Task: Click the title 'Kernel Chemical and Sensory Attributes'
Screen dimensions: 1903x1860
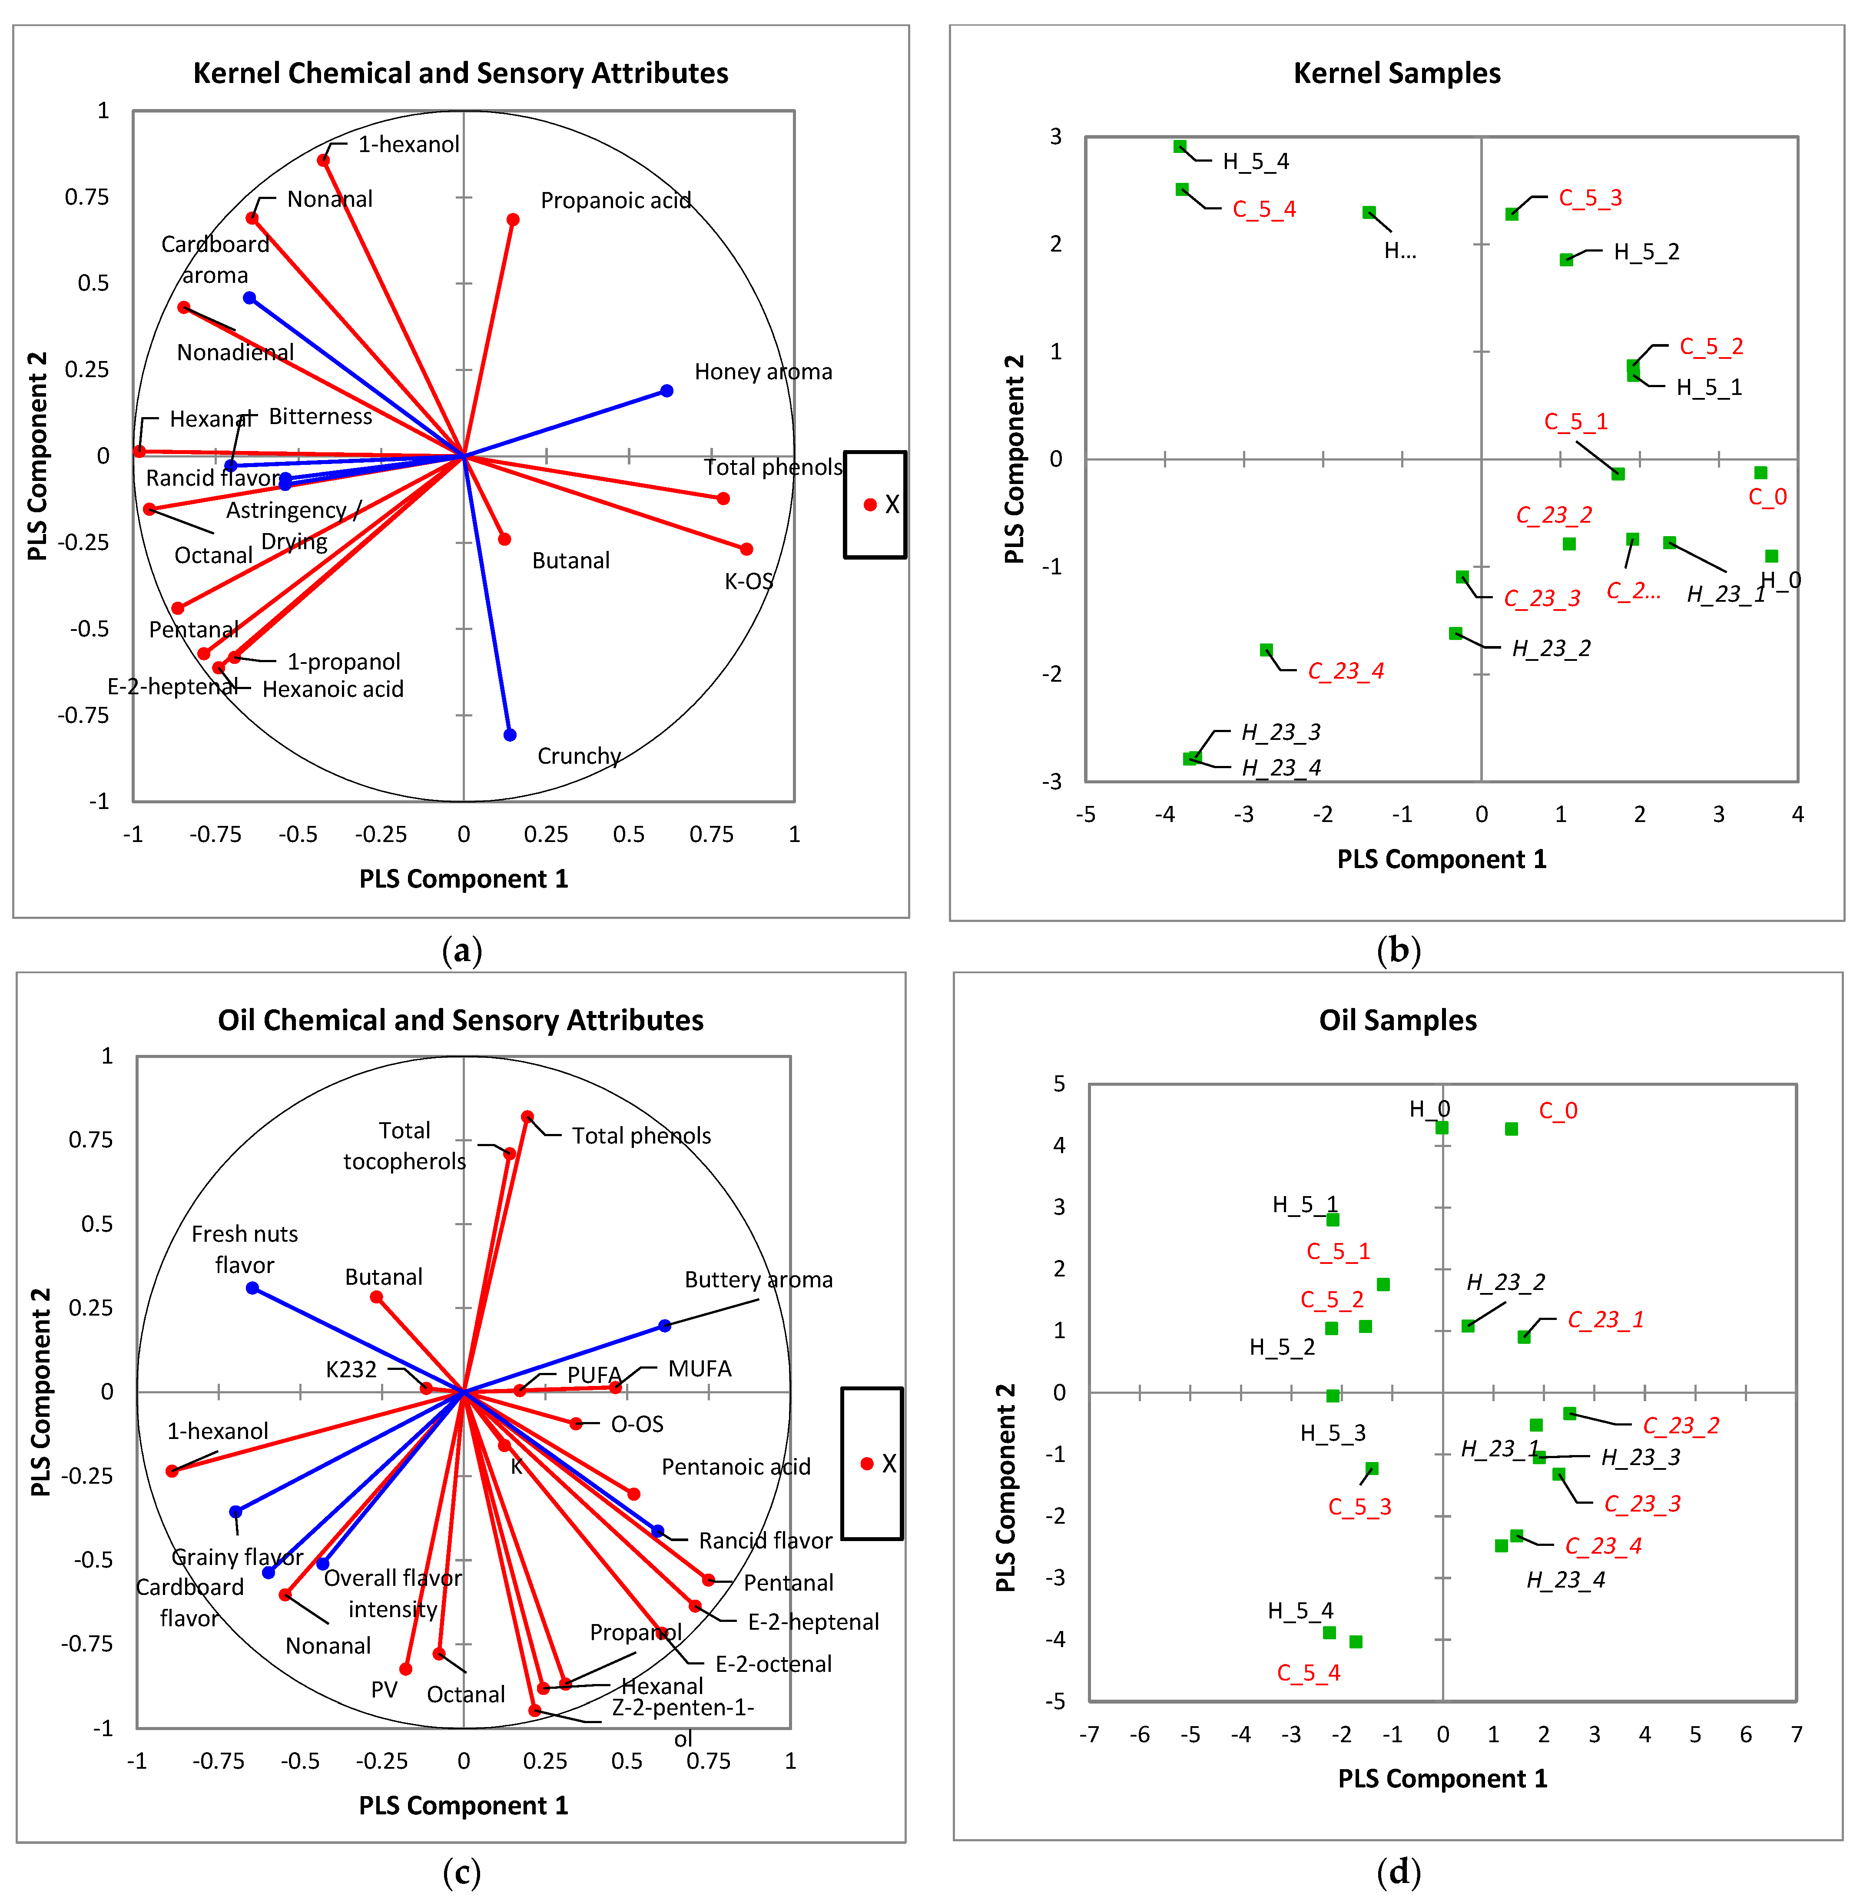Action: [460, 73]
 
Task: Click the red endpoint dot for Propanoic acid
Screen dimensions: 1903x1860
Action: [513, 220]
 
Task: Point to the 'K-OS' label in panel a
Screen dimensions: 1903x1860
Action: [748, 581]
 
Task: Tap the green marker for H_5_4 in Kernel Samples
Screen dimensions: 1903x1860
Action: [1180, 146]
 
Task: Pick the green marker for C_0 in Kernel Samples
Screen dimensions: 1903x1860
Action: [1761, 473]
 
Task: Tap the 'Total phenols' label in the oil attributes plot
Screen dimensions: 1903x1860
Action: [641, 1135]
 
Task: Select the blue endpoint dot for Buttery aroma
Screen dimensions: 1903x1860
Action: [664, 1326]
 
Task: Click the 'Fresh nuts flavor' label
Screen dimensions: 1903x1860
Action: [244, 1249]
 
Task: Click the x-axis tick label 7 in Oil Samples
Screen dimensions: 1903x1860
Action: [1796, 1734]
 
